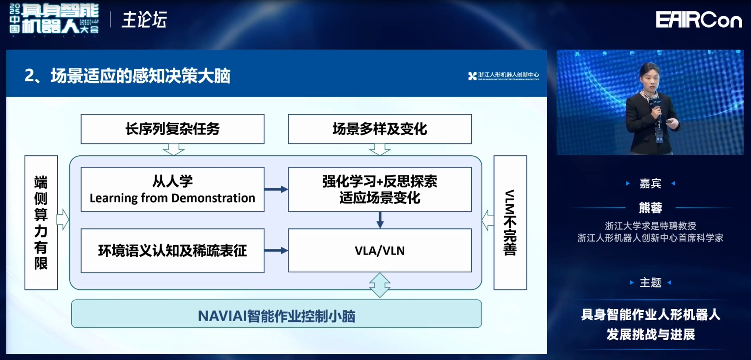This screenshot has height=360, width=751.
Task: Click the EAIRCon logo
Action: (x=699, y=20)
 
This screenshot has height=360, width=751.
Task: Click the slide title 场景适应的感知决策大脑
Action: (x=140, y=76)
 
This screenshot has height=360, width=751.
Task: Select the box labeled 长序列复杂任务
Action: (x=172, y=129)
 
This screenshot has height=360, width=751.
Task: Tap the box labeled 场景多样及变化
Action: (x=380, y=129)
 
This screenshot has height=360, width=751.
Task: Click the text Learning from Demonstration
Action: (x=172, y=198)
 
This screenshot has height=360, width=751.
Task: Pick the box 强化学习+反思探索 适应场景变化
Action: (x=380, y=189)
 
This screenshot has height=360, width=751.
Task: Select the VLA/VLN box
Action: (x=380, y=251)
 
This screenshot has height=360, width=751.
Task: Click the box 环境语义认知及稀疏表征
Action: (x=172, y=251)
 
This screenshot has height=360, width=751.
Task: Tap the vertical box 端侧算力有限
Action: (x=41, y=222)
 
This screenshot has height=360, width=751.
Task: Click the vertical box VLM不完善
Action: (x=510, y=222)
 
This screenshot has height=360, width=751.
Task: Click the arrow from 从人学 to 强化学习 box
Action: (x=276, y=189)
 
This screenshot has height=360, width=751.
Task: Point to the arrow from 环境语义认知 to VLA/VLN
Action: (x=276, y=251)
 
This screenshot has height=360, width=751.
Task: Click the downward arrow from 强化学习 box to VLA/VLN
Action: (x=380, y=220)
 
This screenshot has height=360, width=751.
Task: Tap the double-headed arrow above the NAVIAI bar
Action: (x=380, y=285)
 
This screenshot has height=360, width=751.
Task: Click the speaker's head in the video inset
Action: (x=649, y=74)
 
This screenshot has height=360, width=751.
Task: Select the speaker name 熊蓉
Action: (x=650, y=207)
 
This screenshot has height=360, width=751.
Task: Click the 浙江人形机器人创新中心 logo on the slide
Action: (x=503, y=76)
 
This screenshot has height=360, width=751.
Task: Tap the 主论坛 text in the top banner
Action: (x=144, y=20)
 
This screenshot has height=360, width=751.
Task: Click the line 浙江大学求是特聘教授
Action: (x=650, y=226)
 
